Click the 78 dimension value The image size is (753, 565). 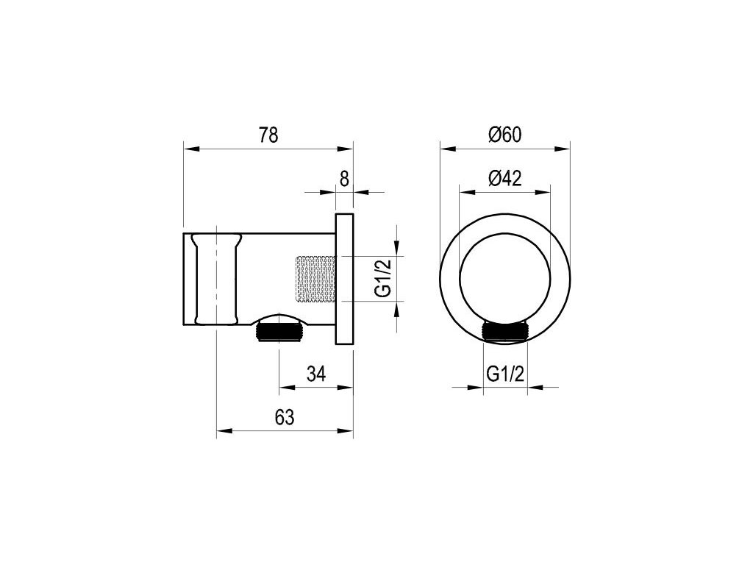point(268,135)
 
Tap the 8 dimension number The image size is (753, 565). point(344,180)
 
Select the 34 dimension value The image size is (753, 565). point(316,373)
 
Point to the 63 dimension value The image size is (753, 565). point(285,417)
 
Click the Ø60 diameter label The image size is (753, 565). point(504,135)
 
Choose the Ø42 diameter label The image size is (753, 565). point(504,179)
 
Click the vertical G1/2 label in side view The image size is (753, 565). point(383,278)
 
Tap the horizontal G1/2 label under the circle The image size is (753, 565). point(504,373)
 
